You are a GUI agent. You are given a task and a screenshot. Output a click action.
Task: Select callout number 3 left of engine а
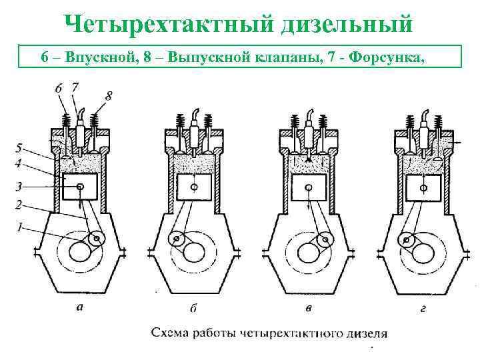point(20,187)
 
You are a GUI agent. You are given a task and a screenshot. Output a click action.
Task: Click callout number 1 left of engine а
point(20,227)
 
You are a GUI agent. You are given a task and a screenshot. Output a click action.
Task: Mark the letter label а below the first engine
point(80,308)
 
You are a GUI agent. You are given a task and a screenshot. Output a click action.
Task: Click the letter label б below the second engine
point(193,308)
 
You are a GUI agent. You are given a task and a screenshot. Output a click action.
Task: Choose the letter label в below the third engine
point(307,308)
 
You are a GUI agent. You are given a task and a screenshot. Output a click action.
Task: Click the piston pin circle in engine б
point(194,187)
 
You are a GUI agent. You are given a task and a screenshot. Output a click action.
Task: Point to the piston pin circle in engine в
point(309,187)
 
